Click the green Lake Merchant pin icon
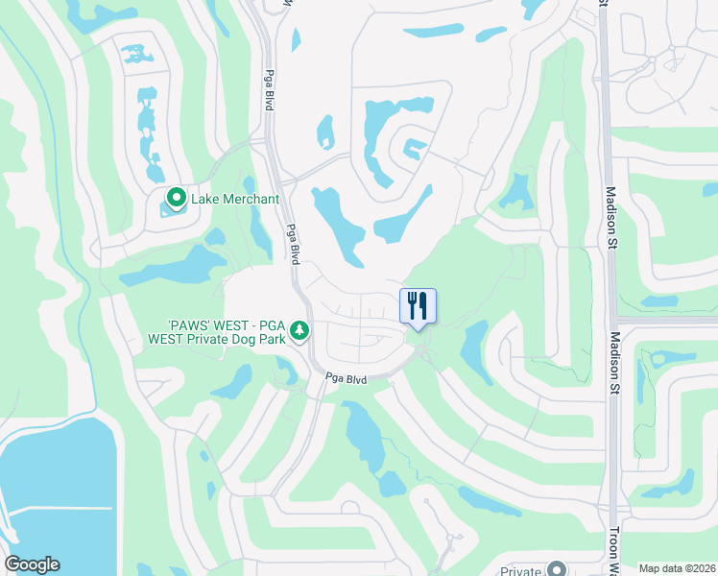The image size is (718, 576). coord(176,199)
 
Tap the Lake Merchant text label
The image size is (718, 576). coord(235,199)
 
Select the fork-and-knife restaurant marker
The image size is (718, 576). coord(417,306)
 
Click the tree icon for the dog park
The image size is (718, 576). coord(300,330)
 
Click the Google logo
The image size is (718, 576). coord(32,564)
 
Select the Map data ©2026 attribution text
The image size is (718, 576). coord(678,568)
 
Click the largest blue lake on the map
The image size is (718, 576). coord(48,499)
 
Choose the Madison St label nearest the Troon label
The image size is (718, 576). coord(614,363)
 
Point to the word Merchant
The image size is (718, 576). coord(249,199)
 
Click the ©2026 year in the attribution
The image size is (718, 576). coord(698,568)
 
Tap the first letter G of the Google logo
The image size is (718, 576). coord(12,564)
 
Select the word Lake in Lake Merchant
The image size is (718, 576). coord(204,199)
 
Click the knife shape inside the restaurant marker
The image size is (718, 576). coord(423,305)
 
